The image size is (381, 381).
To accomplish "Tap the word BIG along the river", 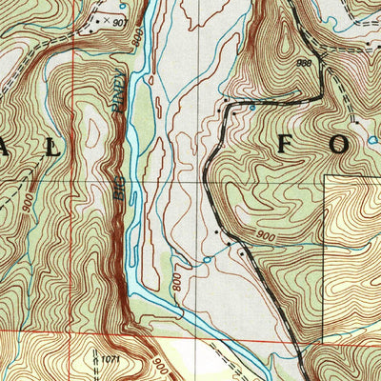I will tap(120, 188).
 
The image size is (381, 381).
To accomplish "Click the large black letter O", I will tap(366, 146).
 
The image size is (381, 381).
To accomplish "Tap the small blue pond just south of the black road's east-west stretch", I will tap(251, 109).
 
